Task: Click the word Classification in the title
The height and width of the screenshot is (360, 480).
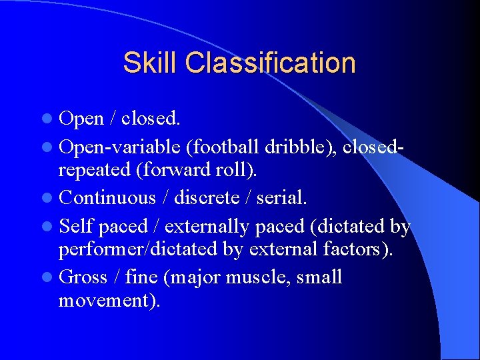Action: [271, 63]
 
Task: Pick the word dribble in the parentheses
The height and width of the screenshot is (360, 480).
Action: [297, 146]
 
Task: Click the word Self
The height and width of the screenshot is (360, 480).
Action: [76, 227]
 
